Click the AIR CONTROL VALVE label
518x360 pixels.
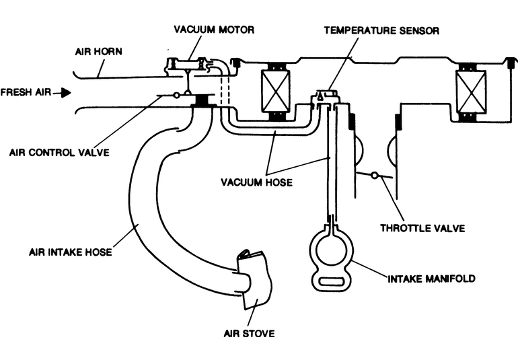point(60,152)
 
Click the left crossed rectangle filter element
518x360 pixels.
point(275,90)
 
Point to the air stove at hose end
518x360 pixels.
point(256,280)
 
